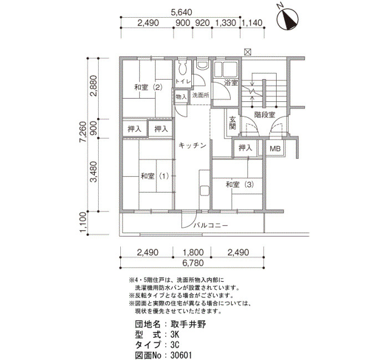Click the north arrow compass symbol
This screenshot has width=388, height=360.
click(287, 19)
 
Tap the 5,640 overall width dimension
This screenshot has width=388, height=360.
click(181, 12)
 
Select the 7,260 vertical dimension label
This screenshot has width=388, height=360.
click(83, 132)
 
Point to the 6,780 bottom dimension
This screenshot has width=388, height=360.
click(193, 263)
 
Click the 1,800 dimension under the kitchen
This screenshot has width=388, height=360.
click(193, 253)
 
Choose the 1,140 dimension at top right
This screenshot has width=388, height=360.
click(252, 23)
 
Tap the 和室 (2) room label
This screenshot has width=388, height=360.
click(148, 88)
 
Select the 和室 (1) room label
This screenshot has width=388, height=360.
click(155, 176)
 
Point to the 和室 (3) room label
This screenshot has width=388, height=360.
click(240, 184)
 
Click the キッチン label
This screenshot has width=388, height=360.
click(192, 145)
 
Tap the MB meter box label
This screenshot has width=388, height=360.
click(275, 148)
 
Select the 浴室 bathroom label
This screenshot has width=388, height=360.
click(231, 83)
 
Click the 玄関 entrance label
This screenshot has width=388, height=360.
click(233, 123)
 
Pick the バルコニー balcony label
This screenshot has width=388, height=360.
click(211, 225)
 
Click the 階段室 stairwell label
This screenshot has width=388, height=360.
click(265, 115)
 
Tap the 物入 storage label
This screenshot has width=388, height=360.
click(181, 97)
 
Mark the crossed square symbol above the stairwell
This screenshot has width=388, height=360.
click(248, 52)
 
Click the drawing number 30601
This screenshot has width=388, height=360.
click(181, 356)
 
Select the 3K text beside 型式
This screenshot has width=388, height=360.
click(175, 335)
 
